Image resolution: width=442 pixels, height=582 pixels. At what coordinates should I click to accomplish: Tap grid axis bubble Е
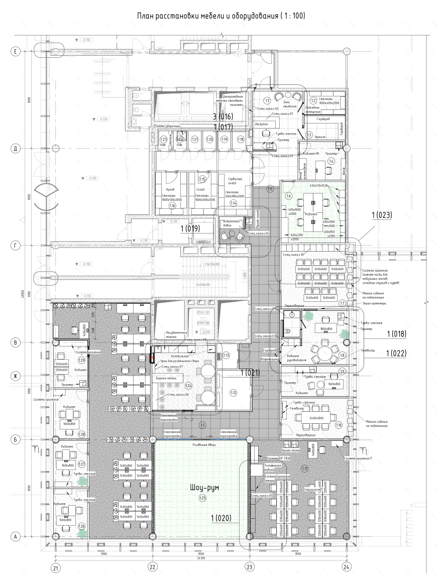pos(16,51)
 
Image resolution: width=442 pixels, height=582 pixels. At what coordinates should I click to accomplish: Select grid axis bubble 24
pos(346,567)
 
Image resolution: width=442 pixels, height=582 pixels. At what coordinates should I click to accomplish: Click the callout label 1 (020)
pos(220,518)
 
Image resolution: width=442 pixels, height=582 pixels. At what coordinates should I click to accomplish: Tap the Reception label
pos(262,124)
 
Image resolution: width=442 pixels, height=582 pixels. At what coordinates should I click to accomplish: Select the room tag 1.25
pos(202,498)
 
